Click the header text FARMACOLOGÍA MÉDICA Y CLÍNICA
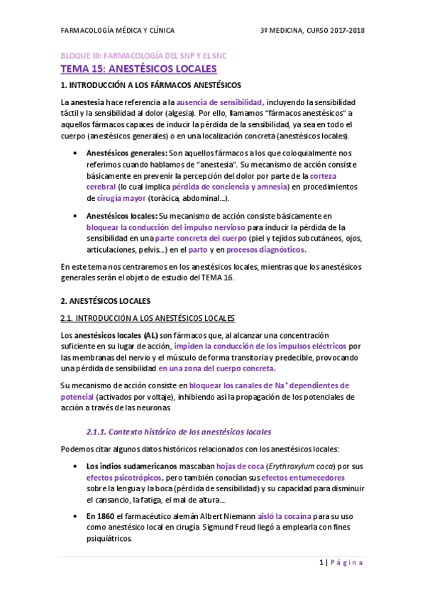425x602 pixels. click(118, 31)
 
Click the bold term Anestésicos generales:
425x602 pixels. click(127, 153)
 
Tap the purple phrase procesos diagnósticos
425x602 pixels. click(266, 249)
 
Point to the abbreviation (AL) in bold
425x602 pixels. click(150, 334)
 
